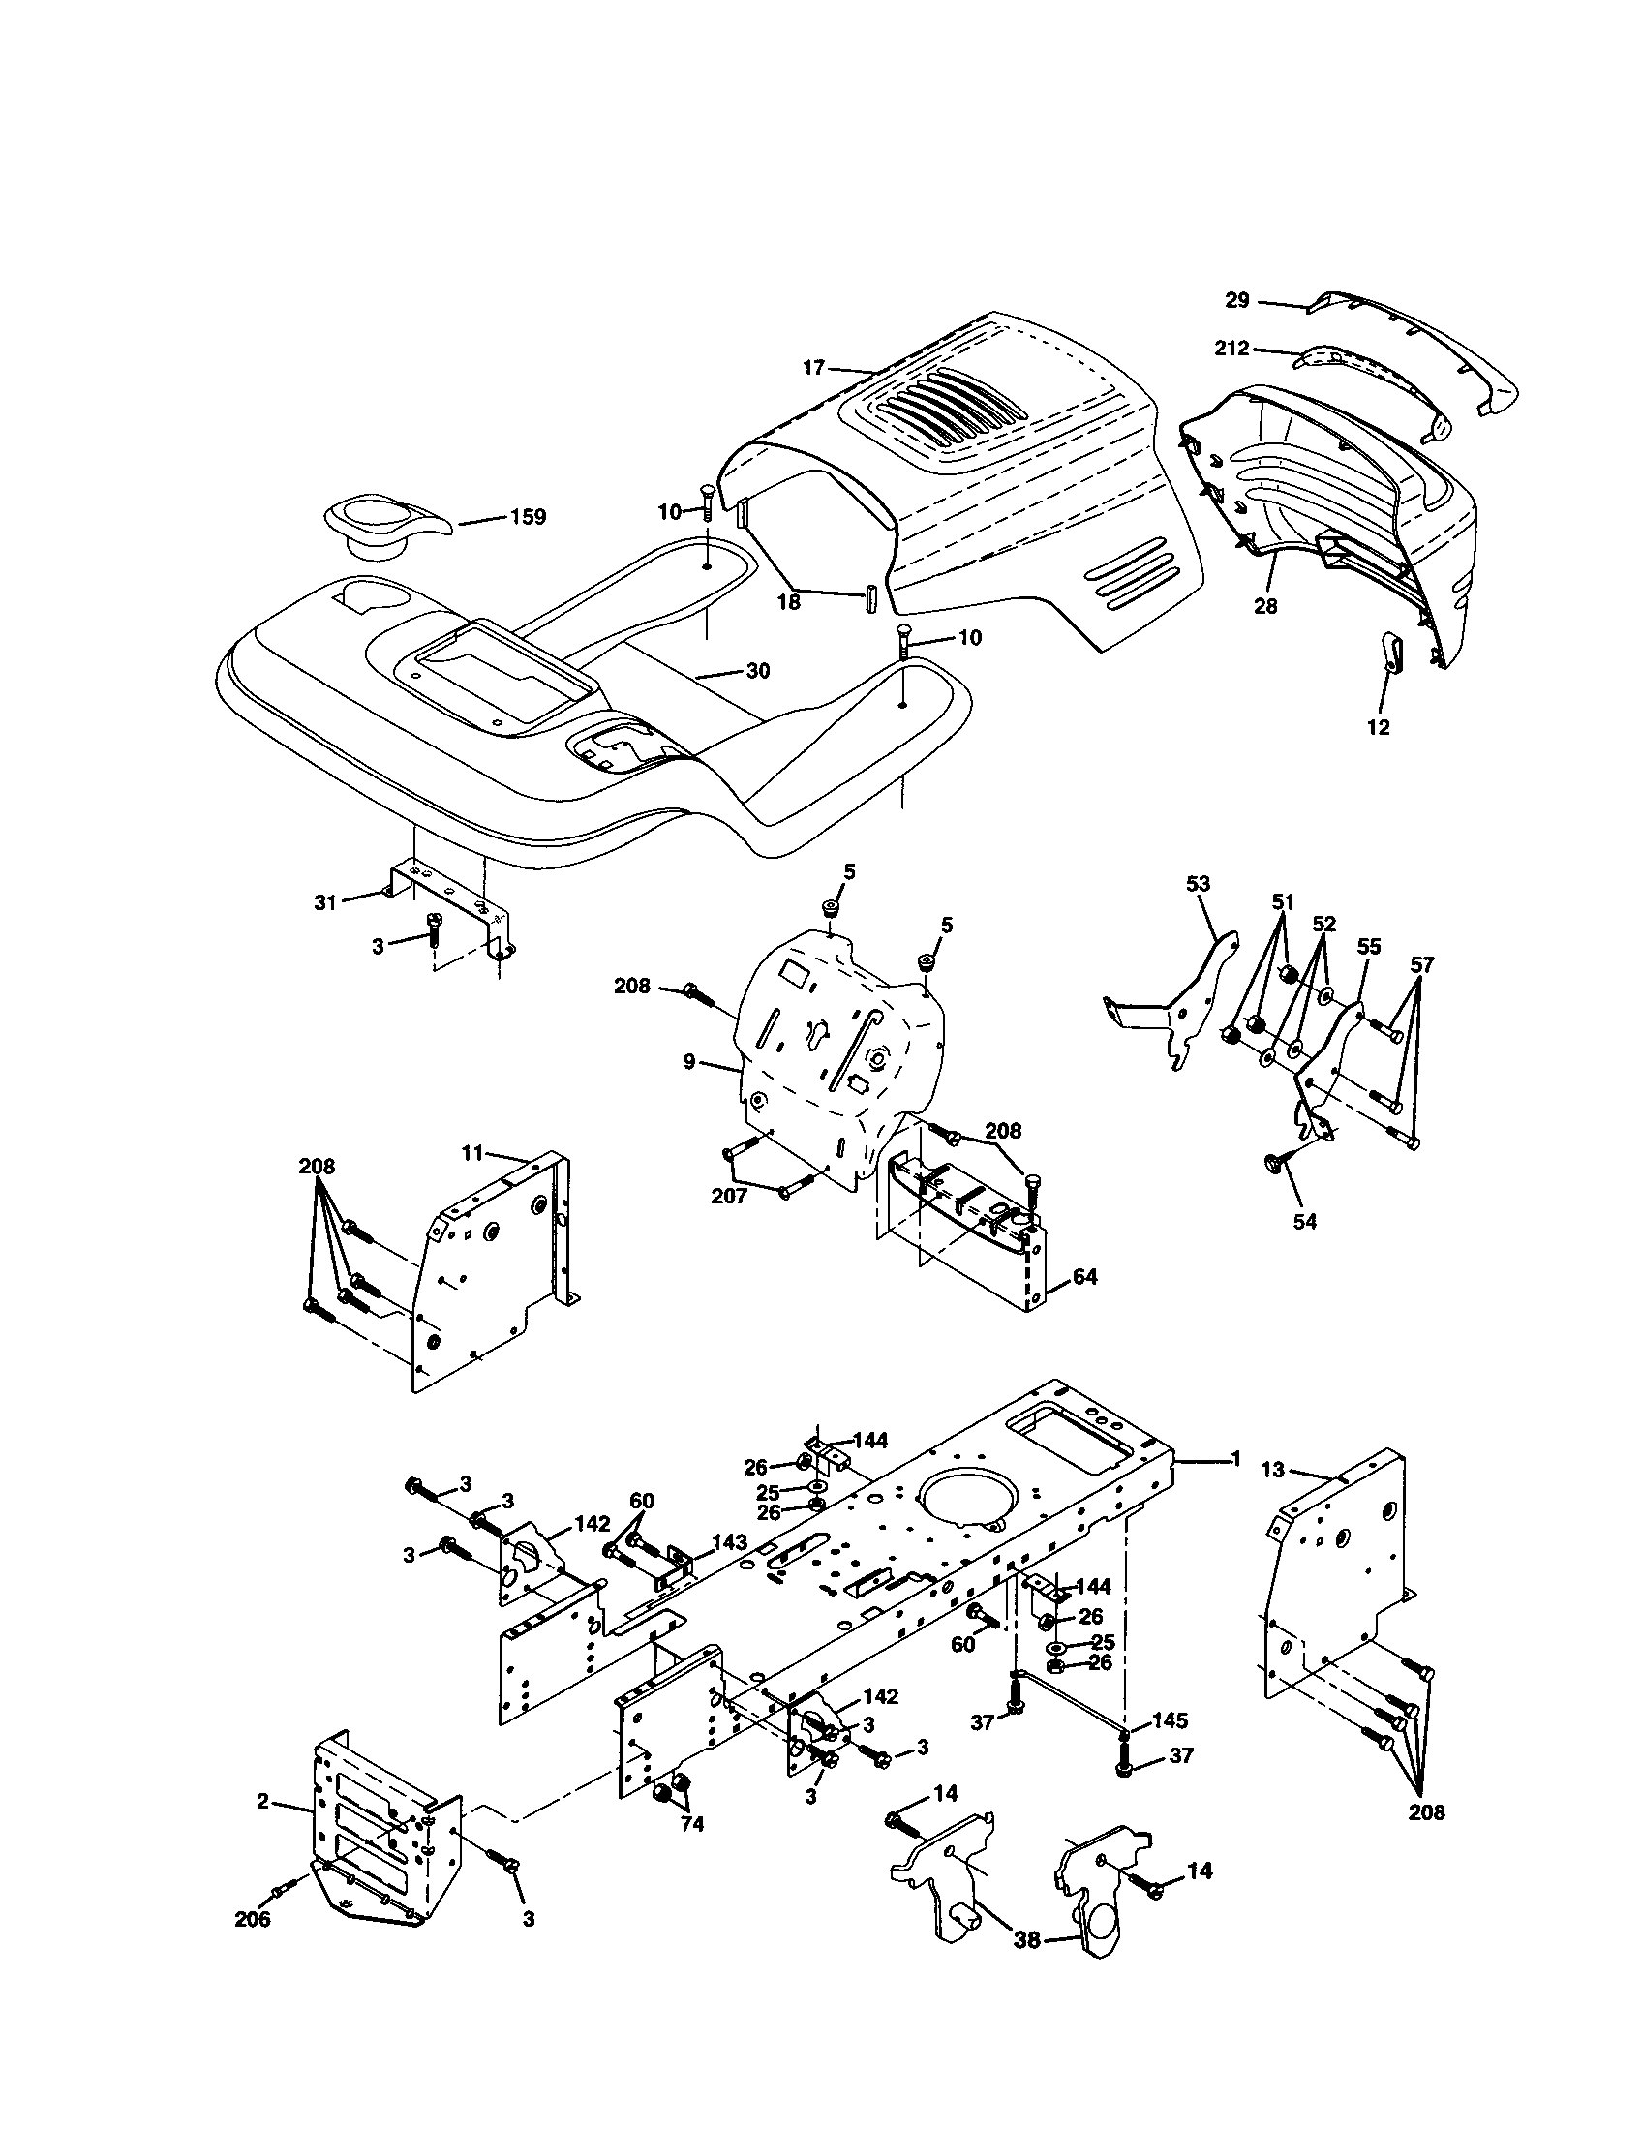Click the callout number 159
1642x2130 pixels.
pyautogui.click(x=529, y=517)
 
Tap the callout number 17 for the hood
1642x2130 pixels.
pyautogui.click(x=814, y=368)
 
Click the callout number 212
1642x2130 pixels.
pyautogui.click(x=1231, y=349)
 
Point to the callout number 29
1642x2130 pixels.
pyautogui.click(x=1236, y=300)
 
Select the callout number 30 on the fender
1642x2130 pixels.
pyautogui.click(x=758, y=671)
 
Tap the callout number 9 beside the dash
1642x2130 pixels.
pyautogui.click(x=689, y=1062)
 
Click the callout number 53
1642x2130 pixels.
pyautogui.click(x=1198, y=884)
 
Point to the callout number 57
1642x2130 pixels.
pyautogui.click(x=1422, y=964)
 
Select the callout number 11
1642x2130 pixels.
pyautogui.click(x=472, y=1154)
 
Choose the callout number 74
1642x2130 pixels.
pyautogui.click(x=691, y=1824)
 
